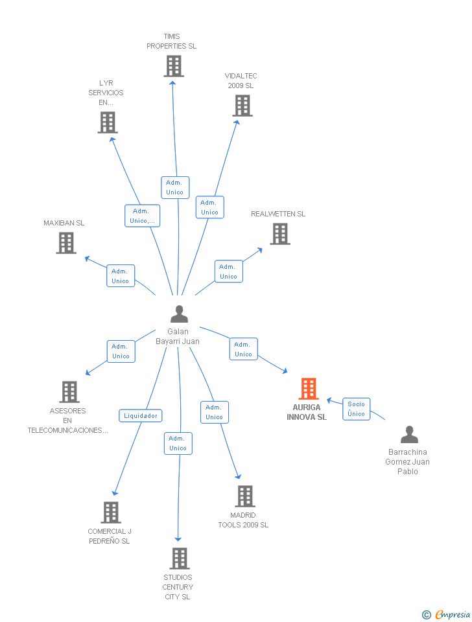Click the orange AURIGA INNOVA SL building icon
click(x=309, y=389)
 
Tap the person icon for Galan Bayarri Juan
click(x=179, y=314)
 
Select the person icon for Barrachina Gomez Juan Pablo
click(x=409, y=434)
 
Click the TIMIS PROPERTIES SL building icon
click(x=173, y=66)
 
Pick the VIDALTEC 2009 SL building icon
click(x=242, y=106)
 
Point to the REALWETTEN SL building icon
click(x=279, y=234)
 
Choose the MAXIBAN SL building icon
click(x=66, y=243)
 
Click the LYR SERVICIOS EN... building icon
click(x=108, y=122)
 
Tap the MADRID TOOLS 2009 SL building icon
click(x=244, y=496)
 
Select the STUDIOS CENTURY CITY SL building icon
click(x=179, y=558)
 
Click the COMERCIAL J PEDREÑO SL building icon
click(x=111, y=513)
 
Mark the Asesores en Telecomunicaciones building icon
click(x=69, y=391)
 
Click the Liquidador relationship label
click(x=141, y=416)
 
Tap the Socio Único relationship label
click(x=356, y=409)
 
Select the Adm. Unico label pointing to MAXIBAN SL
click(x=121, y=276)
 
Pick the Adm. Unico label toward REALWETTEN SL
click(x=228, y=271)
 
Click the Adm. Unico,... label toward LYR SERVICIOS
click(x=142, y=216)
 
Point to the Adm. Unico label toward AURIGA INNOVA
click(x=243, y=349)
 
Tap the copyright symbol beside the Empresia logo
click(x=426, y=615)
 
